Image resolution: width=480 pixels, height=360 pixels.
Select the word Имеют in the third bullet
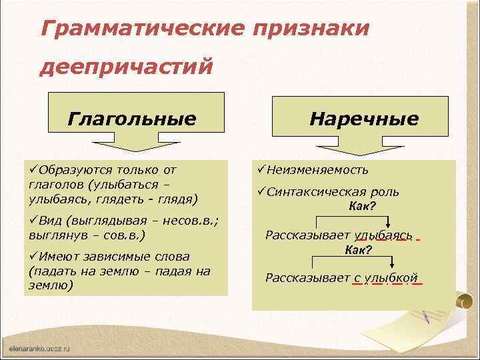(x=57, y=257)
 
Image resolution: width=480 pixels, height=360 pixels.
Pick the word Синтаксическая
(x=313, y=192)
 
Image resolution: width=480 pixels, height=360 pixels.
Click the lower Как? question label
(x=358, y=250)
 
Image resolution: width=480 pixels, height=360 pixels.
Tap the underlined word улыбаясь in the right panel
(x=384, y=235)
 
